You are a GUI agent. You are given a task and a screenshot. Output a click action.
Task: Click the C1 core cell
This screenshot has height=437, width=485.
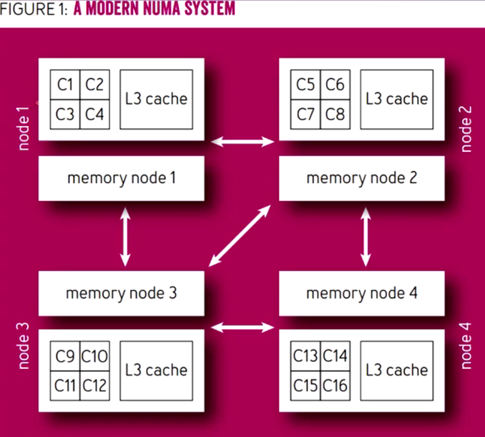click(x=65, y=85)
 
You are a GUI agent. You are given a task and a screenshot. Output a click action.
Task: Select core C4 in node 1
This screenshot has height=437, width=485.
click(x=94, y=114)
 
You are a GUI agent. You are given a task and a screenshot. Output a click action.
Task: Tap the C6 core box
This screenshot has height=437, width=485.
click(x=335, y=85)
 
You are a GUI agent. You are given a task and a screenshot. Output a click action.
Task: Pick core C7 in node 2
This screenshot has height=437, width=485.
click(x=306, y=114)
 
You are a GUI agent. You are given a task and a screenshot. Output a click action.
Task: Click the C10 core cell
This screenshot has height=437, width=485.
click(x=94, y=356)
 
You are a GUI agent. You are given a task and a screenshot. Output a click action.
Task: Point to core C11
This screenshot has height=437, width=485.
click(x=65, y=386)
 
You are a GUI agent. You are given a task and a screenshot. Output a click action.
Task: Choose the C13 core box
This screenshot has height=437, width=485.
click(x=306, y=356)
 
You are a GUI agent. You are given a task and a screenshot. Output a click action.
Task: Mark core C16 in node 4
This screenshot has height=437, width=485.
click(x=335, y=386)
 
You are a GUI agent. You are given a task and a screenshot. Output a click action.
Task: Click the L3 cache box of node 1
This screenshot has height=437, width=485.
click(x=156, y=99)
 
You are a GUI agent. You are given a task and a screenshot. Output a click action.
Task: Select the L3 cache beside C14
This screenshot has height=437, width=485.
click(x=397, y=371)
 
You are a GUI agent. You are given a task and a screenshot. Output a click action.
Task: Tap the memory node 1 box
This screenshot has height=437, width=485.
click(x=121, y=178)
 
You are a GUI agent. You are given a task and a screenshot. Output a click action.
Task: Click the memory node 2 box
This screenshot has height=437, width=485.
click(x=362, y=178)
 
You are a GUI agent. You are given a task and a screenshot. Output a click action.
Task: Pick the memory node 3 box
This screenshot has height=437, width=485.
click(x=121, y=293)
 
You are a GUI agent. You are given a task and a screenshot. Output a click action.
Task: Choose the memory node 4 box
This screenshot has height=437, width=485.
click(x=362, y=293)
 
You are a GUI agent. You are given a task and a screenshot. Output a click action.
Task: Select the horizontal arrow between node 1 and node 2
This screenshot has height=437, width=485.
click(x=242, y=142)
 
